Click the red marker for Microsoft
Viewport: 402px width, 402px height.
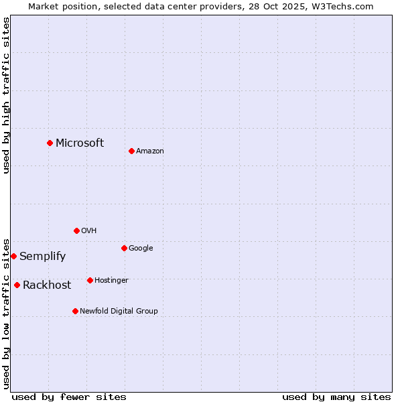pyautogui.click(x=50, y=143)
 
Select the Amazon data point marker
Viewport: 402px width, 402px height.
pyautogui.click(x=131, y=151)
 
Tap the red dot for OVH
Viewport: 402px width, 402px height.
pyautogui.click(x=76, y=230)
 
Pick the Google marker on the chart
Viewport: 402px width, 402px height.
pyautogui.click(x=124, y=248)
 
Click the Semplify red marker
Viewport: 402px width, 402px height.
pyautogui.click(x=13, y=256)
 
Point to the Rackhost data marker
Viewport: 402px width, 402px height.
pyautogui.click(x=17, y=285)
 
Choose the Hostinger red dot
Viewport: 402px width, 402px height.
pyautogui.click(x=90, y=280)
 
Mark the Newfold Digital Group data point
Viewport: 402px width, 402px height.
pyautogui.click(x=75, y=311)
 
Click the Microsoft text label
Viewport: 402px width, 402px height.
pyautogui.click(x=80, y=143)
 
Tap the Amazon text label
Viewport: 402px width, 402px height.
pyautogui.click(x=149, y=151)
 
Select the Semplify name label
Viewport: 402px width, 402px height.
pyautogui.click(x=42, y=256)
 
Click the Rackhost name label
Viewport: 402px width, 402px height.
pyautogui.click(x=47, y=285)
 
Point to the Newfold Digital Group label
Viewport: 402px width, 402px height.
pyautogui.click(x=119, y=311)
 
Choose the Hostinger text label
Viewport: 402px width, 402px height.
pyautogui.click(x=111, y=280)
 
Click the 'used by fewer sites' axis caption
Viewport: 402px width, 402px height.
pyautogui.click(x=69, y=397)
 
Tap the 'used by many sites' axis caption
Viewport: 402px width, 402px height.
pyautogui.click(x=336, y=397)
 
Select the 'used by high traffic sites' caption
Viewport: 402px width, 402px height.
pyautogui.click(x=6, y=95)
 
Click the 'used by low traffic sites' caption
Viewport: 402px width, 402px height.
pyautogui.click(x=6, y=313)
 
